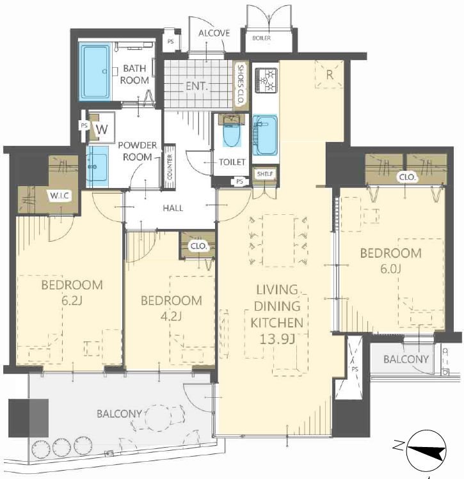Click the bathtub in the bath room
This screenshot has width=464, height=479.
[95, 72]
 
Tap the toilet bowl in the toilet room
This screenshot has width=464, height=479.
[232, 131]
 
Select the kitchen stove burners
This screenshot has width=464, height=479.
[266, 81]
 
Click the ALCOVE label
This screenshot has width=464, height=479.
[214, 33]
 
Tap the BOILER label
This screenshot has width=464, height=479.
[261, 38]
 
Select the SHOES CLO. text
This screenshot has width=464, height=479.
[241, 84]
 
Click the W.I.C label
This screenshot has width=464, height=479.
[60, 196]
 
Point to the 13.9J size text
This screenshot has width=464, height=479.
[277, 339]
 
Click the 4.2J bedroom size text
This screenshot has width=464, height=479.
[171, 317]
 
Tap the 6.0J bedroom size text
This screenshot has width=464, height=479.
[390, 269]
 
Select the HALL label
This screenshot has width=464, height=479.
[173, 208]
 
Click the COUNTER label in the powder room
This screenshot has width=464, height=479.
[170, 167]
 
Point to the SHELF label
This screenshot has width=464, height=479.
[265, 174]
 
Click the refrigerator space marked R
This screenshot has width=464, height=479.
[329, 74]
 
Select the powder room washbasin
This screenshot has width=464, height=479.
[97, 166]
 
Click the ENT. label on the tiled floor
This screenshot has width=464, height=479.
[197, 86]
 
